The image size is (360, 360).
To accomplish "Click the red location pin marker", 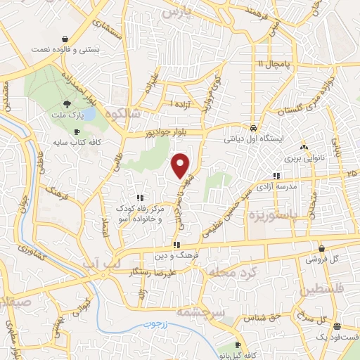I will click(x=181, y=165).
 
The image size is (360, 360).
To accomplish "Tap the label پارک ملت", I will click(x=63, y=113).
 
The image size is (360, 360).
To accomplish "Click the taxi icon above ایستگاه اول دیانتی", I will click(x=252, y=128).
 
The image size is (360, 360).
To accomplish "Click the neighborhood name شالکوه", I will click(x=122, y=113).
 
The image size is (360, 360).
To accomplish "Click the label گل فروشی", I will click(x=321, y=259).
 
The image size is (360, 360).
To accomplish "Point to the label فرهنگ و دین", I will click(x=172, y=256).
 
